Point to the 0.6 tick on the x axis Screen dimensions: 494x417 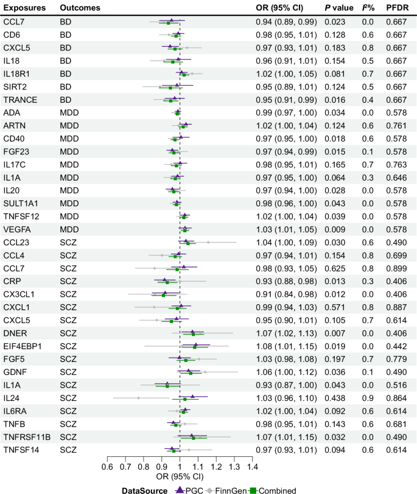pos(107,468)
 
